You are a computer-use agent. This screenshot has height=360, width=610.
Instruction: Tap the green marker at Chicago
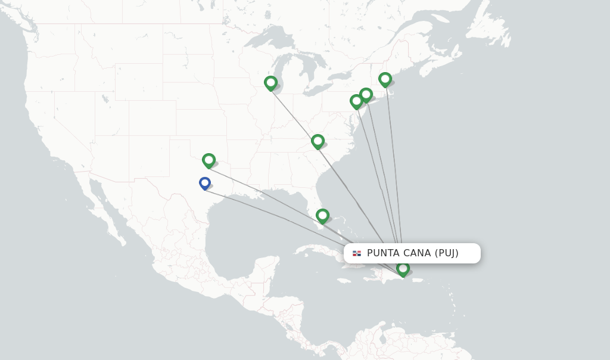click(x=270, y=82)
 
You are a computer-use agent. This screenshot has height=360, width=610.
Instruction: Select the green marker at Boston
click(x=385, y=79)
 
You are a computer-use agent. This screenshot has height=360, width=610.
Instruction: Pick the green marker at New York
click(x=366, y=94)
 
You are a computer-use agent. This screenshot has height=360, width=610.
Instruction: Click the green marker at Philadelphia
click(x=356, y=101)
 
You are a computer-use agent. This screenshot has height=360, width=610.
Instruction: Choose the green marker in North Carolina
click(x=318, y=141)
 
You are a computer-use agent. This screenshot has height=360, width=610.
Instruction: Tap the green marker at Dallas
click(x=208, y=160)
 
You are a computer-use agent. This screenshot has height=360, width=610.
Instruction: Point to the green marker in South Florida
click(x=322, y=215)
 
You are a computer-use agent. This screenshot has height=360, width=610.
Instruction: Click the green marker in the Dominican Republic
click(x=403, y=269)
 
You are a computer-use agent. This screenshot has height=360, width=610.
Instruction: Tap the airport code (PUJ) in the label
click(x=447, y=253)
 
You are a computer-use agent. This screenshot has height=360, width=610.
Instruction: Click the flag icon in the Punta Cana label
click(x=357, y=253)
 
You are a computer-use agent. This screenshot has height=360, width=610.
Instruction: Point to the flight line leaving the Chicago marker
click(x=292, y=113)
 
